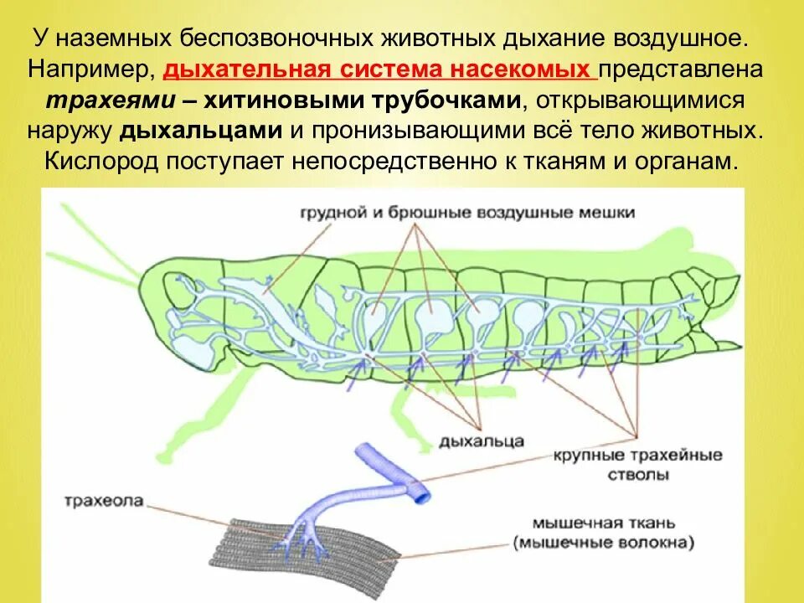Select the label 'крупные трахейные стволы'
tap(637, 465)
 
